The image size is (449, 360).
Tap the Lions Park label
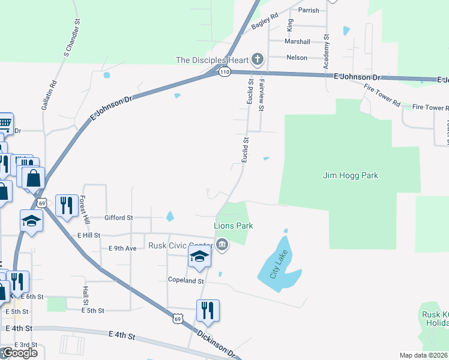pyautogui.click(x=234, y=226)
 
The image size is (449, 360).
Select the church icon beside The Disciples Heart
pyautogui.click(x=258, y=59)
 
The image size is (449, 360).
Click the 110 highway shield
pyautogui.click(x=224, y=72)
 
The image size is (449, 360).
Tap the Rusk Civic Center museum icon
pyautogui.click(x=222, y=244)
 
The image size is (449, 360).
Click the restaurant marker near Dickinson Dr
pyautogui.click(x=208, y=311)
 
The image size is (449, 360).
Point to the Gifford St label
pyautogui.click(x=118, y=218)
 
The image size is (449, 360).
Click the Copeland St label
pyautogui.click(x=186, y=281)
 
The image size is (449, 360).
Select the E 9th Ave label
pyautogui.click(x=123, y=248)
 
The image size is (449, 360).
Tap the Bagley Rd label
pyautogui.click(x=265, y=23)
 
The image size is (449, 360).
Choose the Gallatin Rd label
pyautogui.click(x=49, y=94)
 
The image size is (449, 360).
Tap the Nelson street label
pyautogui.click(x=297, y=58)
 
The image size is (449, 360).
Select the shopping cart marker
pyautogui.click(x=5, y=124)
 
